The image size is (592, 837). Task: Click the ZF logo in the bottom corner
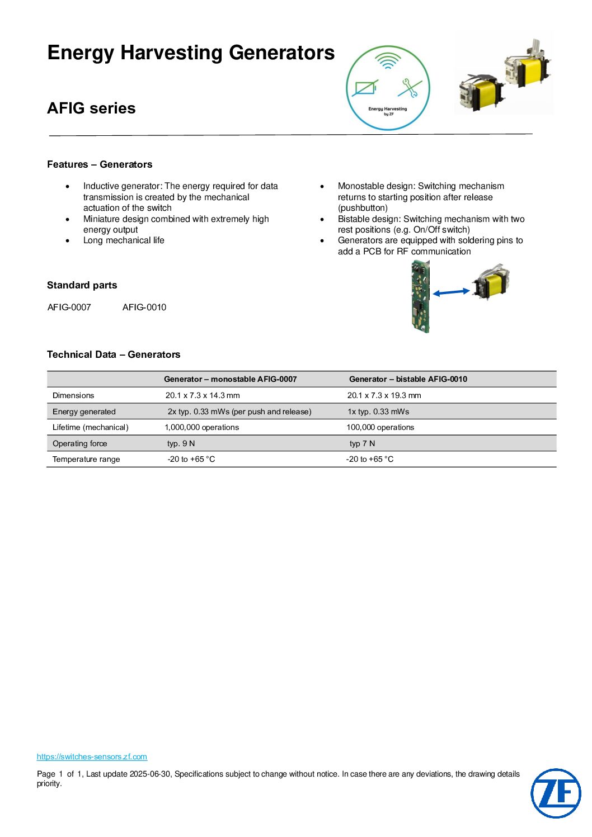(556, 793)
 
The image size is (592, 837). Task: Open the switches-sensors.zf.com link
(92, 756)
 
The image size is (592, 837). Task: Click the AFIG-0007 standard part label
(69, 307)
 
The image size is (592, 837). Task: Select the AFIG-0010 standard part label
(144, 307)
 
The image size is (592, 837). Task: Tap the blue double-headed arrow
(452, 292)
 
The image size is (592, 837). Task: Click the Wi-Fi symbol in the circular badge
(387, 60)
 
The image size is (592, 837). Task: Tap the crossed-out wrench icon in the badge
(410, 88)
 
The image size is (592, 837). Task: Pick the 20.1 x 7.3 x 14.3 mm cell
(203, 395)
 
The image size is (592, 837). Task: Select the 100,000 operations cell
(380, 427)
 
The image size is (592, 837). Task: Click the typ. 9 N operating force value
(181, 443)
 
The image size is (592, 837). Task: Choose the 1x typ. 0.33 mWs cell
(378, 412)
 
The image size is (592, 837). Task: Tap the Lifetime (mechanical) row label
(91, 427)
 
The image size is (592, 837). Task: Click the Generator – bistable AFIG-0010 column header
(408, 379)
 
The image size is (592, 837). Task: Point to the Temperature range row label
(86, 459)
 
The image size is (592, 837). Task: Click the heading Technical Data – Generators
(114, 354)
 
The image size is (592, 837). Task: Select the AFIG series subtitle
(91, 108)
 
